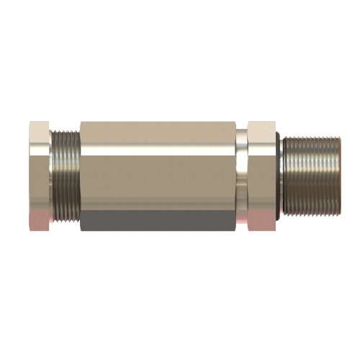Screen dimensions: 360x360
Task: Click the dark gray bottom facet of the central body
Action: click(158, 220)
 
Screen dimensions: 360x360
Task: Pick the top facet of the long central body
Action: click(158, 130)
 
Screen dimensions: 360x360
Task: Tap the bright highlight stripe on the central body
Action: click(158, 149)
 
